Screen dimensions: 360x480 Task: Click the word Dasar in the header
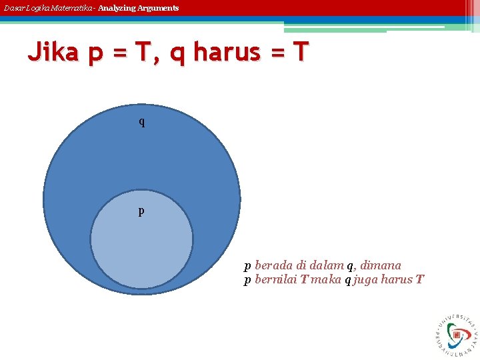click(13, 8)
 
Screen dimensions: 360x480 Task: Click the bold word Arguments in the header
click(159, 8)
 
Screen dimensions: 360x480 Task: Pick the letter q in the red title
click(177, 53)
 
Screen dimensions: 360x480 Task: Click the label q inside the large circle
click(141, 122)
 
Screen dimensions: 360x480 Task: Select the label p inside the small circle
click(141, 211)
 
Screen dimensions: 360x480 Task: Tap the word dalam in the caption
click(328, 265)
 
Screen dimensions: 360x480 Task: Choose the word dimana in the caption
click(381, 265)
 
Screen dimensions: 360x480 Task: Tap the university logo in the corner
click(457, 334)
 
